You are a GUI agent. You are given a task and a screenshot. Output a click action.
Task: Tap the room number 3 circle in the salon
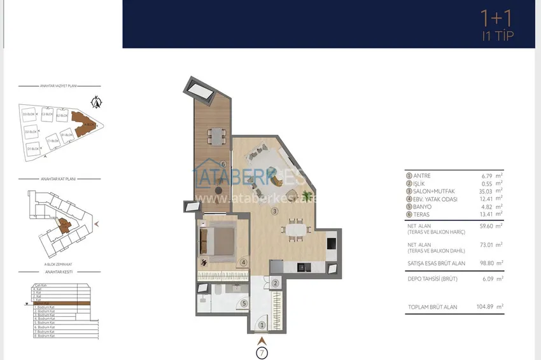coord(274,211)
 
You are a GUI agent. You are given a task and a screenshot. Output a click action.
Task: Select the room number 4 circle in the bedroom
coord(244,261)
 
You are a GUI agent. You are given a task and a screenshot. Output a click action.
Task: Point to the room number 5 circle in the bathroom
coord(244,304)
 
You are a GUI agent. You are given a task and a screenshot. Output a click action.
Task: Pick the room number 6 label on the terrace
coord(206,164)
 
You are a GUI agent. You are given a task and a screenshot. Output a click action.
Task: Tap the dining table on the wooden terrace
coord(216,135)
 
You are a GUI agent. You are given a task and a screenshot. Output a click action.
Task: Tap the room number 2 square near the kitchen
coord(275,284)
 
